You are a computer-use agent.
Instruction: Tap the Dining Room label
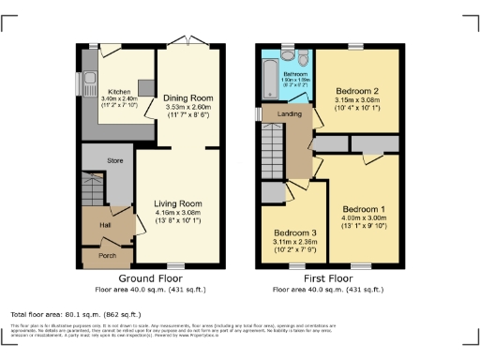pyautogui.click(x=190, y=98)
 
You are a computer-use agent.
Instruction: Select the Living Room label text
pyautogui.click(x=178, y=202)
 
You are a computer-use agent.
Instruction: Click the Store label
pyautogui.click(x=114, y=161)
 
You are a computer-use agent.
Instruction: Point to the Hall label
pyautogui.click(x=105, y=225)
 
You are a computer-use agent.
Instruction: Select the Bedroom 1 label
pyautogui.click(x=364, y=208)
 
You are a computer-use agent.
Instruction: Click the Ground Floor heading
pyautogui.click(x=149, y=279)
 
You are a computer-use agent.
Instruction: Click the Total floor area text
pyautogui.click(x=75, y=314)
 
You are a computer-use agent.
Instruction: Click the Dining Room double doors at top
pyautogui.click(x=190, y=43)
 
